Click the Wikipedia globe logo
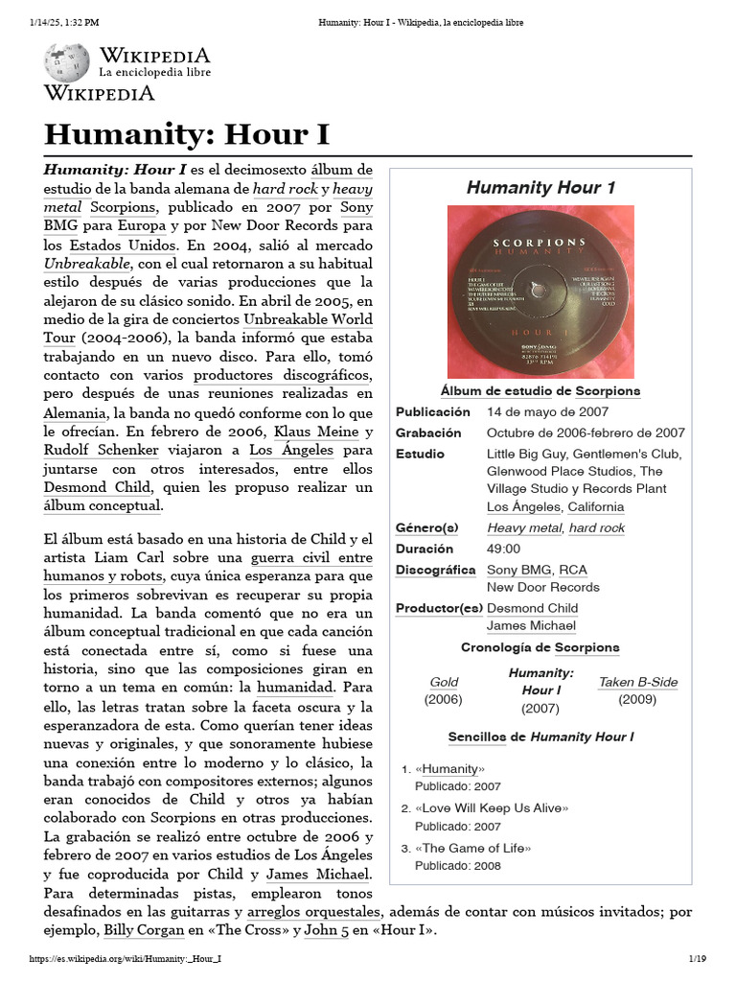66,62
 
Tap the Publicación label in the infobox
433,411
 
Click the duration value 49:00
503,549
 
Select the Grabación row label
428,433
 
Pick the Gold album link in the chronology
444,682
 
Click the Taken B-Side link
637,682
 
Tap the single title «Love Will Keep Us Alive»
492,808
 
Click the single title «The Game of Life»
472,848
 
